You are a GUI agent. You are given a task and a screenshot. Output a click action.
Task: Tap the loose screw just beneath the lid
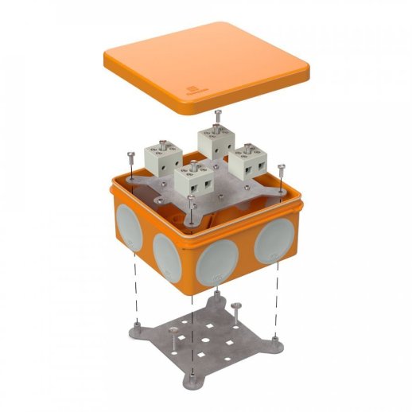(x=218, y=117)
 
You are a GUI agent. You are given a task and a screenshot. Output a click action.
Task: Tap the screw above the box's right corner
(x=281, y=169)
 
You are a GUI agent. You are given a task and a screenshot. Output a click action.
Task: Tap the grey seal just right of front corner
(x=218, y=262)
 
